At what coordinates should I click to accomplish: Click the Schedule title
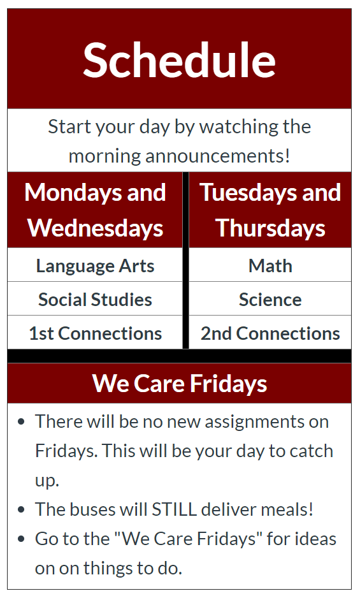click(179, 60)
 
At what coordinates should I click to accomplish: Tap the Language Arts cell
click(95, 265)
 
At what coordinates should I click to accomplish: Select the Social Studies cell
click(95, 300)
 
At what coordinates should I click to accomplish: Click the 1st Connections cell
click(96, 333)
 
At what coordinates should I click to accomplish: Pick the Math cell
click(270, 265)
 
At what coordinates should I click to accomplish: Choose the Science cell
click(270, 300)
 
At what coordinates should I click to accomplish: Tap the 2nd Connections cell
click(270, 333)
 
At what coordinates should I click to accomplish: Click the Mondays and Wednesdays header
click(95, 210)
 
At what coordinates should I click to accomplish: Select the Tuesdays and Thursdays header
click(270, 210)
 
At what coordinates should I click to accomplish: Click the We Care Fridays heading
click(179, 383)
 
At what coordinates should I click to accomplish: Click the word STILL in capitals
click(175, 509)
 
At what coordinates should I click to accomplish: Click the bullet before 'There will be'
click(22, 422)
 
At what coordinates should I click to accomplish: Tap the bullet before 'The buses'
click(22, 509)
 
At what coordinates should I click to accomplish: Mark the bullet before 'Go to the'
click(22, 539)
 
